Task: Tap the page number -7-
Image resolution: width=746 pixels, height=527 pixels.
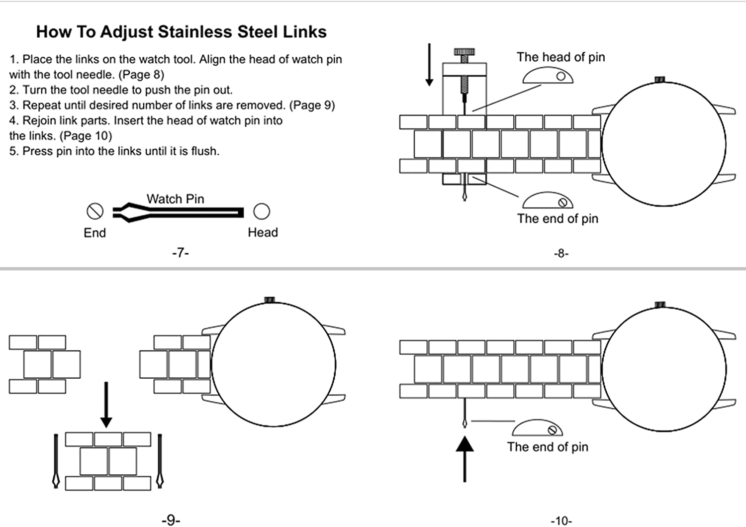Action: [180, 253]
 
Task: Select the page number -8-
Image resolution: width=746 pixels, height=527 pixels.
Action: [560, 253]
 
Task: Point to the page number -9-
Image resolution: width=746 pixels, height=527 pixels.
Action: [171, 520]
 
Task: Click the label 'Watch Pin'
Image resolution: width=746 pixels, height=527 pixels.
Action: [175, 199]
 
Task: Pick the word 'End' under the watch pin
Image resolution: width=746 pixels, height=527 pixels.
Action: [94, 233]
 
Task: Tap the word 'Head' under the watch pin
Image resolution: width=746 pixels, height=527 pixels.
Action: [263, 232]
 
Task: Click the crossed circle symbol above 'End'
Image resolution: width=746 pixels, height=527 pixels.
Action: [94, 211]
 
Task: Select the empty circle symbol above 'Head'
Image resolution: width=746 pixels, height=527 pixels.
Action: [262, 211]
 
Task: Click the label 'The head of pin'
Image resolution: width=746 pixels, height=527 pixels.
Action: [560, 57]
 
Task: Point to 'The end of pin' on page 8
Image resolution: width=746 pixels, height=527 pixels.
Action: [558, 218]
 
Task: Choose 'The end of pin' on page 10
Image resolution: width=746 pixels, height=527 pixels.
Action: [548, 447]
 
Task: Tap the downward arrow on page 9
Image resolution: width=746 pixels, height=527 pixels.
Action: [106, 405]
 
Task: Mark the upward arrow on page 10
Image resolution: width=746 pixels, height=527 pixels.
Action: [465, 458]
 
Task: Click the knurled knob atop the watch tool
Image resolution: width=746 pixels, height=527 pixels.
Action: [464, 52]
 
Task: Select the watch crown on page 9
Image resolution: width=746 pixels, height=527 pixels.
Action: [269, 300]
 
